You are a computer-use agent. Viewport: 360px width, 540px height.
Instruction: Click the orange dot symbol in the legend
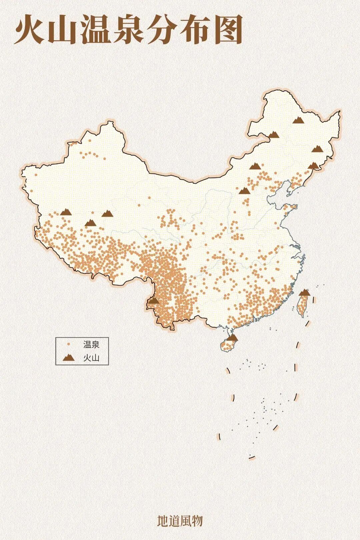(x=69, y=344)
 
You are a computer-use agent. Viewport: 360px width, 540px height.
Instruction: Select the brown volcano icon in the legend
(x=69, y=358)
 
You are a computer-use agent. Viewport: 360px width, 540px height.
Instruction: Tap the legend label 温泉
(x=91, y=344)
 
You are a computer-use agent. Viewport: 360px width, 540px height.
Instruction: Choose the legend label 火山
(x=91, y=358)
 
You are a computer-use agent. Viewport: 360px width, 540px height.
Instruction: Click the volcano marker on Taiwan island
(x=305, y=293)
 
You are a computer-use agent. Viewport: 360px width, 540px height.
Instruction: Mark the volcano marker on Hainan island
(x=232, y=337)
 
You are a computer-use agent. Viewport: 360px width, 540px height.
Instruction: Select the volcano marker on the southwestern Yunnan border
(x=154, y=300)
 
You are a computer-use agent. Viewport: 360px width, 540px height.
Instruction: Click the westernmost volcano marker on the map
(x=66, y=212)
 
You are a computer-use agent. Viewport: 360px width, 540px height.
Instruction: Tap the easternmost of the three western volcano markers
(x=107, y=213)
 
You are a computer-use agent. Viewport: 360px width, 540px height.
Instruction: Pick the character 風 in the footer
(x=186, y=521)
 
